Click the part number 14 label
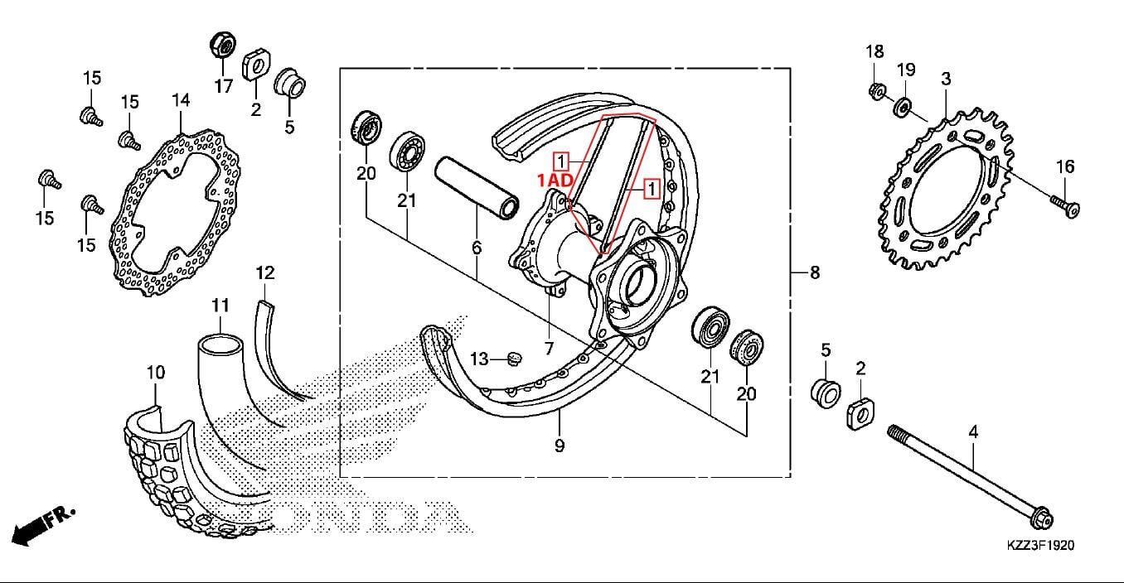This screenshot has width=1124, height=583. (x=181, y=100)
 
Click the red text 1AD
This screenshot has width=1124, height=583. (x=554, y=179)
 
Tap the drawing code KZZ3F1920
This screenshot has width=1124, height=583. (x=1040, y=546)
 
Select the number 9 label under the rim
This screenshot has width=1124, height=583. (x=560, y=446)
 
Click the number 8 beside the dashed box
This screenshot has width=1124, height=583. (x=814, y=272)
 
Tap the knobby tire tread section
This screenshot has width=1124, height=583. (x=174, y=480)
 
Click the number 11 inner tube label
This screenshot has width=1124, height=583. (x=220, y=306)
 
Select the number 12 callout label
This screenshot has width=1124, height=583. (x=264, y=272)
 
